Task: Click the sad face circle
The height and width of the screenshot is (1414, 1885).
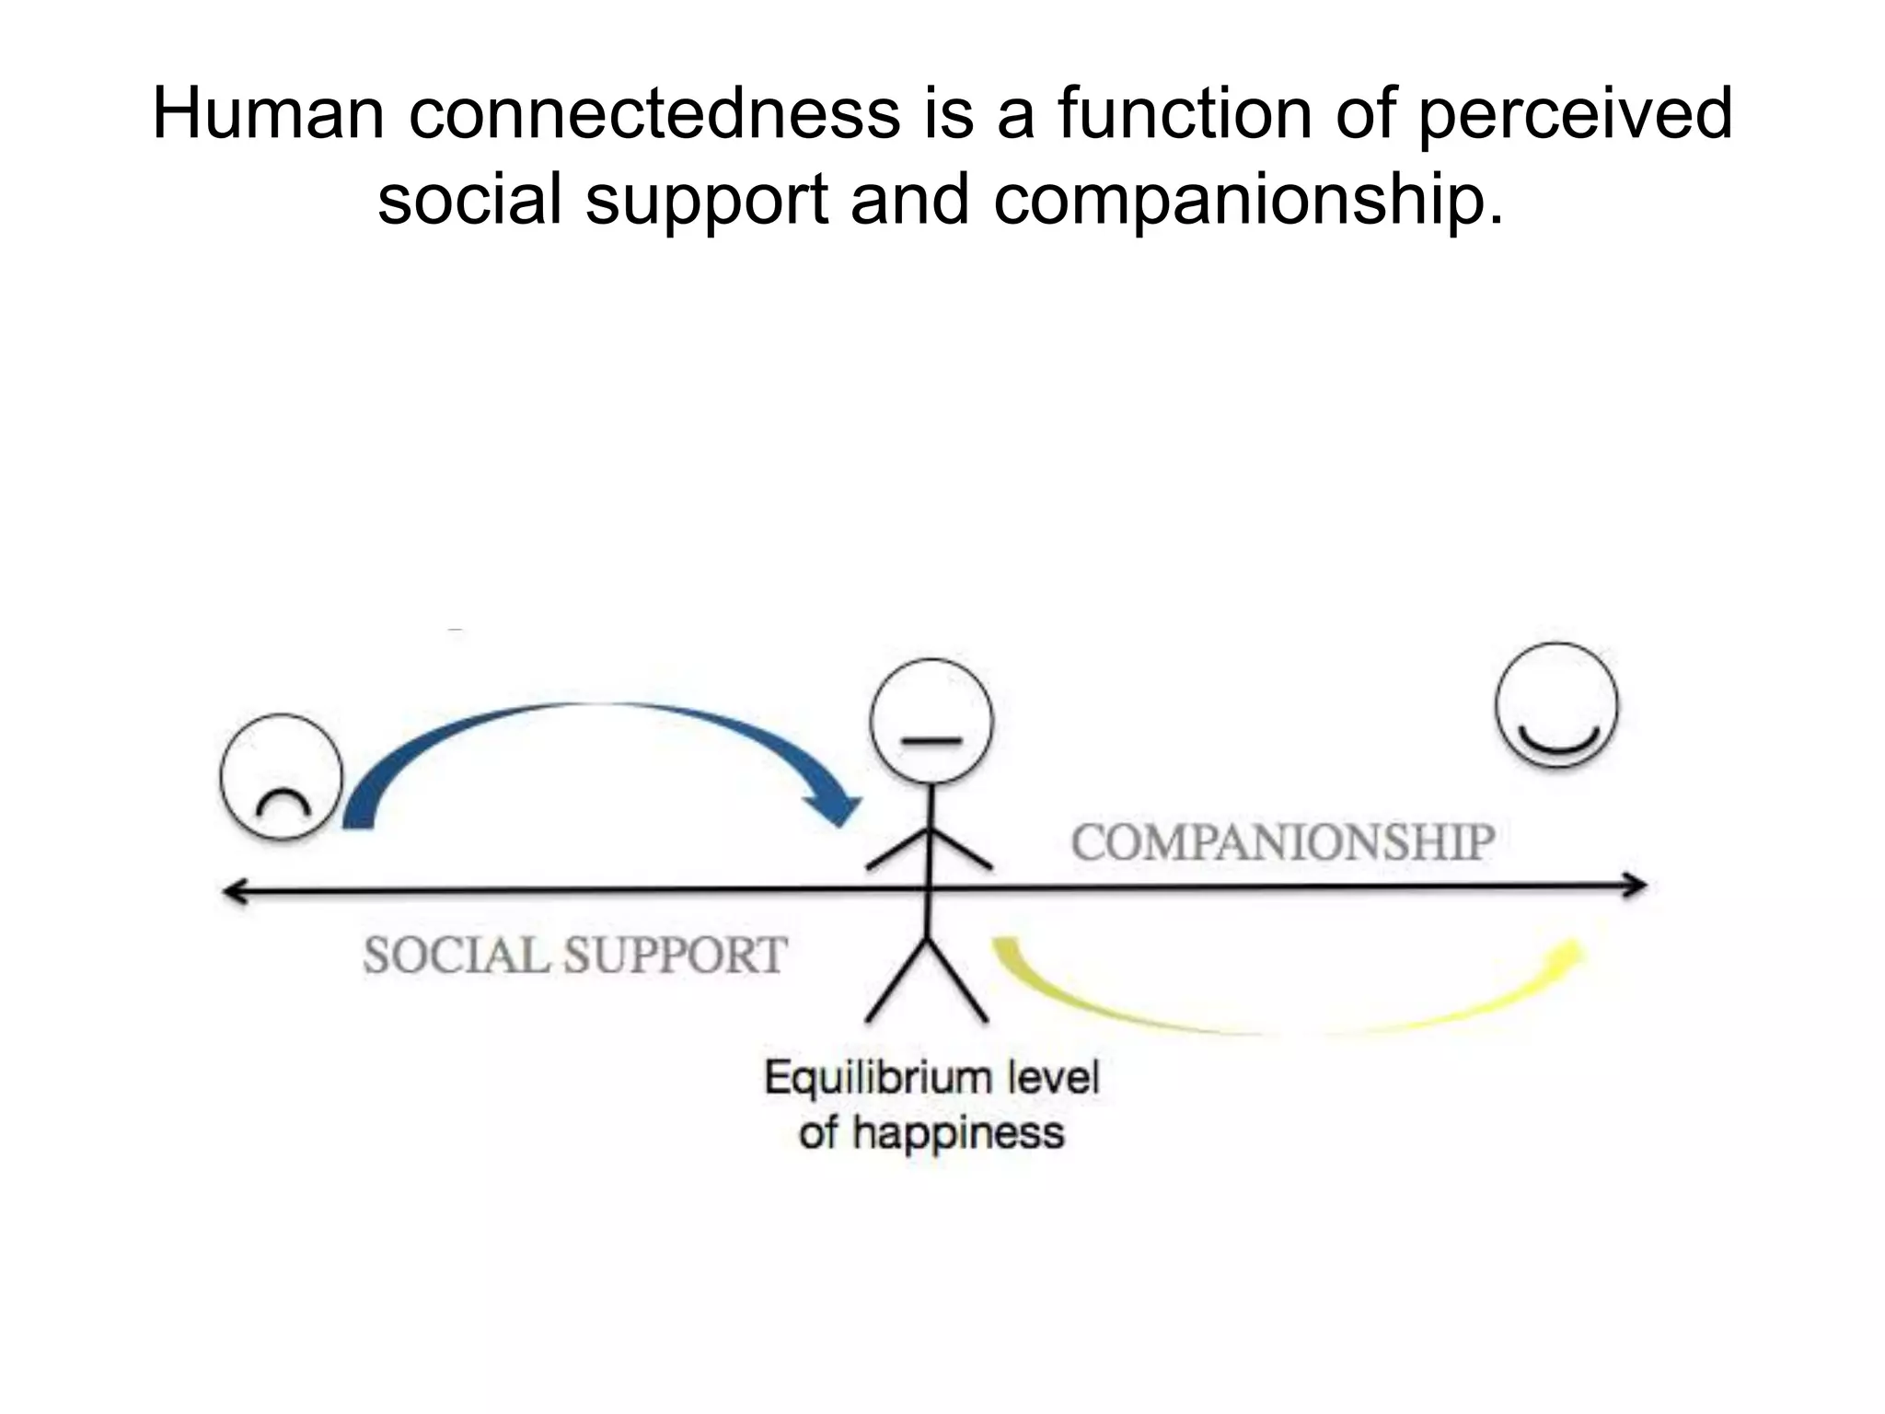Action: (x=282, y=776)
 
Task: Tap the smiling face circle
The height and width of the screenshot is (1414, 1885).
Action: (x=1556, y=705)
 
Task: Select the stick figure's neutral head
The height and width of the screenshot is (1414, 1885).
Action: (x=931, y=721)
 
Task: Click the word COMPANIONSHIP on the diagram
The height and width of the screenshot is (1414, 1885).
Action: (x=1282, y=842)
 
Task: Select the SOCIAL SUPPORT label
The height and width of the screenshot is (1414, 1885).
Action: (x=575, y=955)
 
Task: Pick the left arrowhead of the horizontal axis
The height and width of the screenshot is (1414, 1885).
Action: (x=234, y=891)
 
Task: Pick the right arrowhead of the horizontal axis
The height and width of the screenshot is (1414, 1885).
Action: (x=1636, y=886)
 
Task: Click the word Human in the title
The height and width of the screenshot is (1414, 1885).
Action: (x=268, y=114)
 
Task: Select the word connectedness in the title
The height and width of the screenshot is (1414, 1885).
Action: (x=654, y=114)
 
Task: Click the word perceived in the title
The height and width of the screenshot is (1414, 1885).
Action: (x=1575, y=114)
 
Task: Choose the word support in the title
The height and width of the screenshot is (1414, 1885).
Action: (x=708, y=200)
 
